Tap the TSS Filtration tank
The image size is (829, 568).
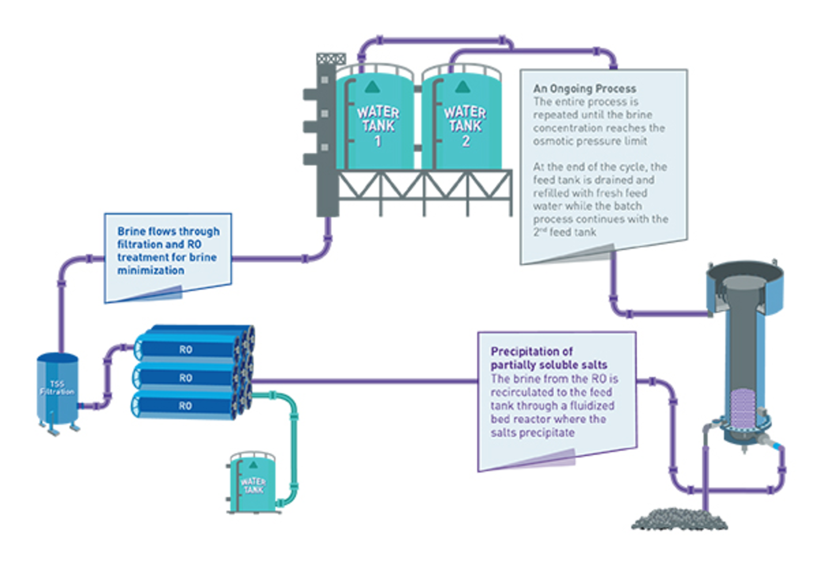57,389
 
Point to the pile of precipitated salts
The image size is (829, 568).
679,519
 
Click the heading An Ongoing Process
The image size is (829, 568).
584,89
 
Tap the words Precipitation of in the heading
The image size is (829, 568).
531,351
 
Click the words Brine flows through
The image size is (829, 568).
168,231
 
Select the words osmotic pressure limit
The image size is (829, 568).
590,141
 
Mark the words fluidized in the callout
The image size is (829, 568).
592,406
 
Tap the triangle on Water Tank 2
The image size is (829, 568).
462,87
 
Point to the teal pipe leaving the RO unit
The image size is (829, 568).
294,438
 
